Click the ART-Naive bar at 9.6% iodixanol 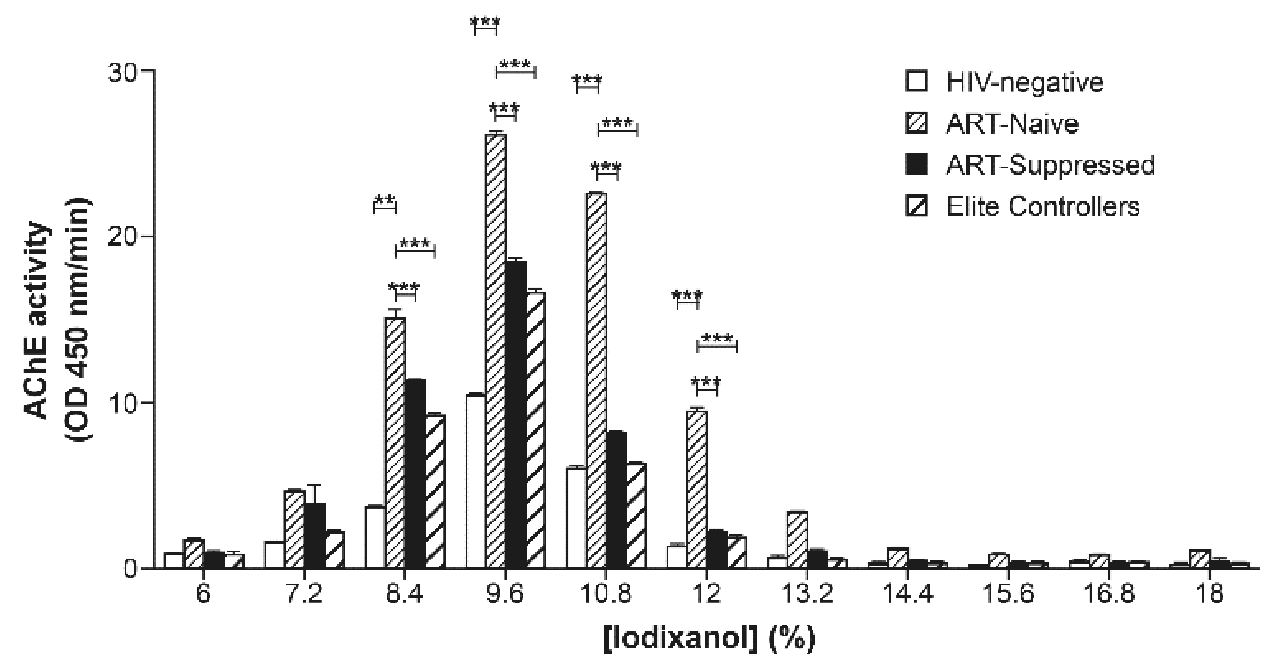[496, 351]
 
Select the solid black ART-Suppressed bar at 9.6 [516, 415]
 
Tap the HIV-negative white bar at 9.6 [476, 482]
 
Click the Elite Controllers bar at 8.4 [435, 492]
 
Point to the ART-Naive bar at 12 [697, 489]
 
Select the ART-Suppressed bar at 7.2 [315, 536]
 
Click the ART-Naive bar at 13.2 [797, 540]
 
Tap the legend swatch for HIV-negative [916, 81]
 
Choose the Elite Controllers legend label [1043, 207]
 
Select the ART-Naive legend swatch [916, 123]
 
